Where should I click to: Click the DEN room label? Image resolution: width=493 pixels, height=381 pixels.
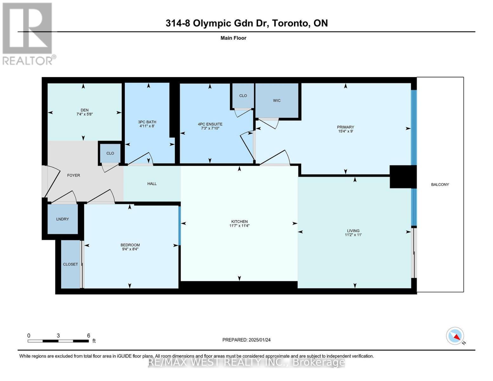click(x=84, y=110)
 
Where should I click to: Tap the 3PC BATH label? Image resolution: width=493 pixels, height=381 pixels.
click(x=147, y=122)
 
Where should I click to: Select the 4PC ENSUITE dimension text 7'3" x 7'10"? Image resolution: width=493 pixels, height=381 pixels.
click(x=210, y=128)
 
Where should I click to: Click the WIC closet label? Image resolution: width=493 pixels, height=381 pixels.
click(x=277, y=100)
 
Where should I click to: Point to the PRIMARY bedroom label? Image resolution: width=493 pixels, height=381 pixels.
click(x=345, y=127)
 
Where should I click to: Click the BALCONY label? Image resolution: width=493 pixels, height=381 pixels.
click(x=440, y=184)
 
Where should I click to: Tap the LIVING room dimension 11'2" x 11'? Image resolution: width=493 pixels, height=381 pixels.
click(x=353, y=235)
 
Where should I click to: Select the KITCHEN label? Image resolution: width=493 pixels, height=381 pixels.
click(x=239, y=222)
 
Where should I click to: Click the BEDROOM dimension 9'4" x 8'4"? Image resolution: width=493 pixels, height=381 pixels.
click(x=130, y=249)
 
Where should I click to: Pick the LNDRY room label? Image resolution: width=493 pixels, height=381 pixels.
click(x=63, y=219)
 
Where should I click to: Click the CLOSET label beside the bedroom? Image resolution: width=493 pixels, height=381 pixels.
click(x=70, y=264)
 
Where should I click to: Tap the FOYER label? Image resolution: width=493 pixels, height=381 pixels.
click(x=73, y=175)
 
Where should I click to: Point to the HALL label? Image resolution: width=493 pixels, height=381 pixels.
click(x=152, y=184)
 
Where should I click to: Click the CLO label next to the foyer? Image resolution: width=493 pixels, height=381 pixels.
click(x=110, y=153)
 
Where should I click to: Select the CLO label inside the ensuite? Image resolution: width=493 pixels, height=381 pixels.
click(x=243, y=96)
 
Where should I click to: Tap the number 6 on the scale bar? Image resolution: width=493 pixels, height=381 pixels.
click(x=89, y=336)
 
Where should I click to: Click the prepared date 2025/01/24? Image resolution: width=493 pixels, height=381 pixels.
click(x=259, y=340)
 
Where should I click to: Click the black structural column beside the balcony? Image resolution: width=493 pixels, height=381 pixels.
click(x=403, y=177)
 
